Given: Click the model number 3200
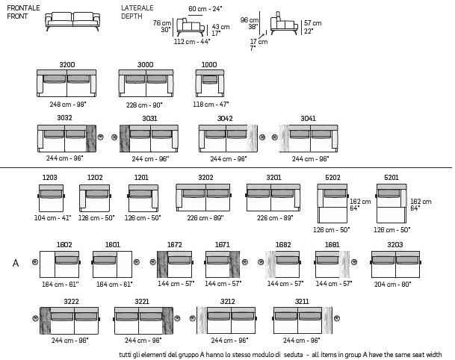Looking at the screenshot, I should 66,65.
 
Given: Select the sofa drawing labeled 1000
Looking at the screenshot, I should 209,84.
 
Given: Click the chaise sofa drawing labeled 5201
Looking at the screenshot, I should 391,203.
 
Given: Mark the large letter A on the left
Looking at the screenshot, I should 15,263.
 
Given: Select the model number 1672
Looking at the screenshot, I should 174,245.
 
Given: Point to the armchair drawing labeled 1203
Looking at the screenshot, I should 51,198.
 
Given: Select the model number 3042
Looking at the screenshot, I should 225,119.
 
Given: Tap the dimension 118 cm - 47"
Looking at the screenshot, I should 211,105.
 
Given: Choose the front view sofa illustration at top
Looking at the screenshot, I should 72,22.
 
